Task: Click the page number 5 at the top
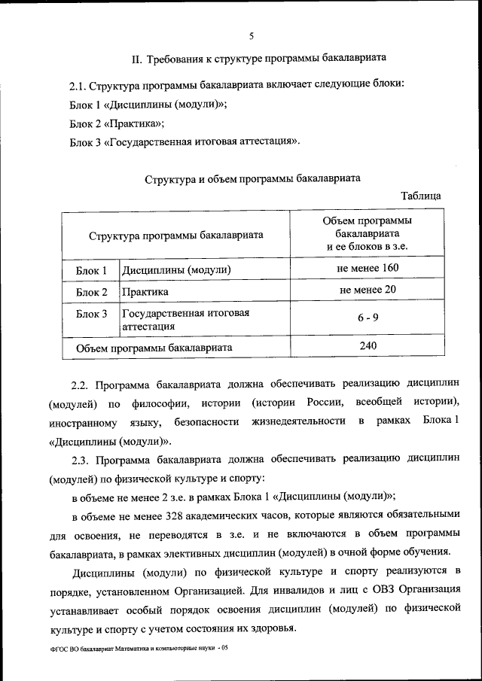coord(251,34)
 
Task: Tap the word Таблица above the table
coord(421,196)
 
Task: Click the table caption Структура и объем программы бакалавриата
coord(252,178)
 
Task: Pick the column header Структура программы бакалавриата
coord(175,235)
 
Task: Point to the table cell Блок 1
coord(91,269)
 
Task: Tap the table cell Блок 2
coord(91,292)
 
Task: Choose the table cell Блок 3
coord(91,314)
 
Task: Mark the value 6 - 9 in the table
coord(368,318)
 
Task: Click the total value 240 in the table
coord(368,345)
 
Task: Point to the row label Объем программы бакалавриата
coord(154,348)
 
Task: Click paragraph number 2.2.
coord(81,385)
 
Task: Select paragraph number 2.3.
coord(81,459)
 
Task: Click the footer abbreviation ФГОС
coord(57,647)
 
